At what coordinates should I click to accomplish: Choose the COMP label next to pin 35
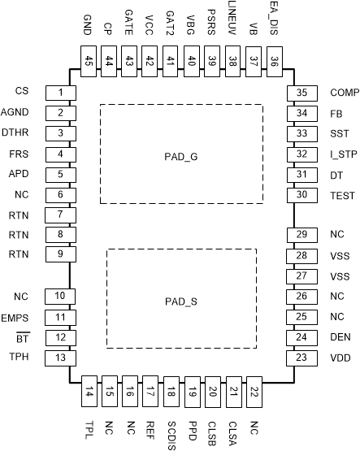341,91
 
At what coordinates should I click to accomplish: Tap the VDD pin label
340,358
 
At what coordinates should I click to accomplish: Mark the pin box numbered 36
274,59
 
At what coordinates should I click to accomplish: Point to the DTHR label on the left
18,132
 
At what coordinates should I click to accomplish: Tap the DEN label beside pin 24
340,336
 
